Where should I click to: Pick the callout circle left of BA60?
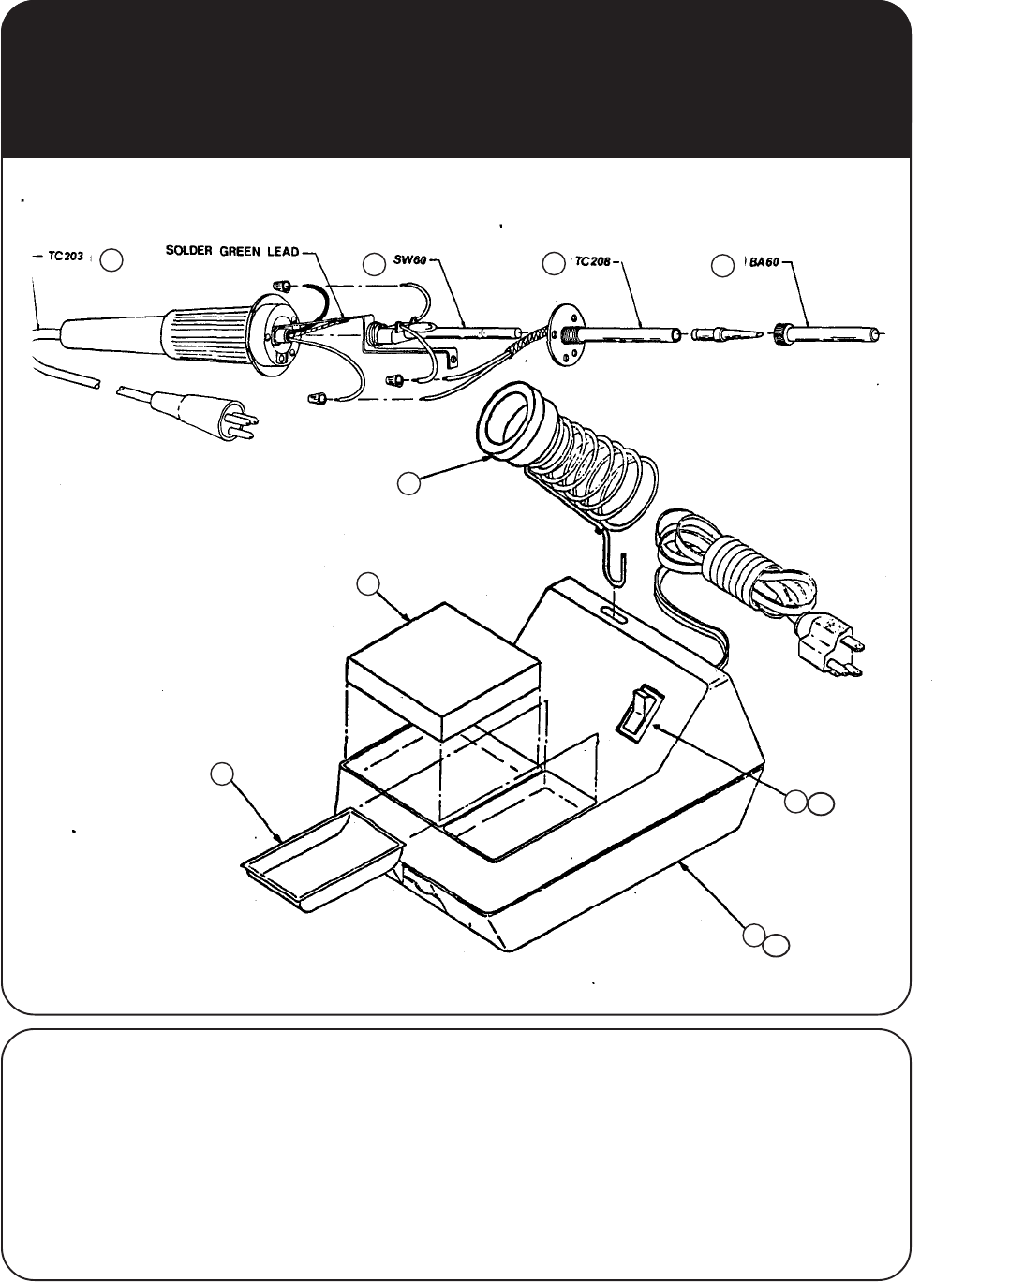[722, 265]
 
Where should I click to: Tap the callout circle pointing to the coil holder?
[408, 483]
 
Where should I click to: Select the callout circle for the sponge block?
[369, 584]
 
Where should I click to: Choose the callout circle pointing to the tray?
[221, 774]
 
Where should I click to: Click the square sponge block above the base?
[442, 667]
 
